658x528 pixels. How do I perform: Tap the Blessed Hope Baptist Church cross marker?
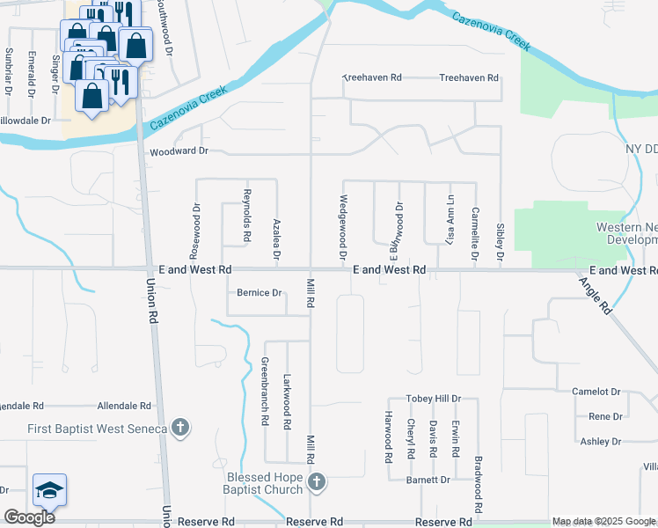(x=318, y=481)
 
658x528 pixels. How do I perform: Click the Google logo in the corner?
(x=30, y=517)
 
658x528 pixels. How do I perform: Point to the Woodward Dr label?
(x=179, y=151)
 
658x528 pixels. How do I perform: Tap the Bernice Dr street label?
(x=259, y=293)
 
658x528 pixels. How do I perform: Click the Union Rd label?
(x=151, y=299)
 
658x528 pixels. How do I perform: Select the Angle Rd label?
(x=596, y=295)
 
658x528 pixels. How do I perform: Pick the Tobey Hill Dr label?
(x=433, y=399)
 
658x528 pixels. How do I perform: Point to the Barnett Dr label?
(x=428, y=480)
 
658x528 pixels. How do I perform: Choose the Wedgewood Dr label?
(x=340, y=227)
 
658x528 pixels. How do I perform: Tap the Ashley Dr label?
(x=600, y=442)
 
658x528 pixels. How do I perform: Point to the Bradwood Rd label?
(x=479, y=485)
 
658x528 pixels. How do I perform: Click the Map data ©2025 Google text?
(x=603, y=522)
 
